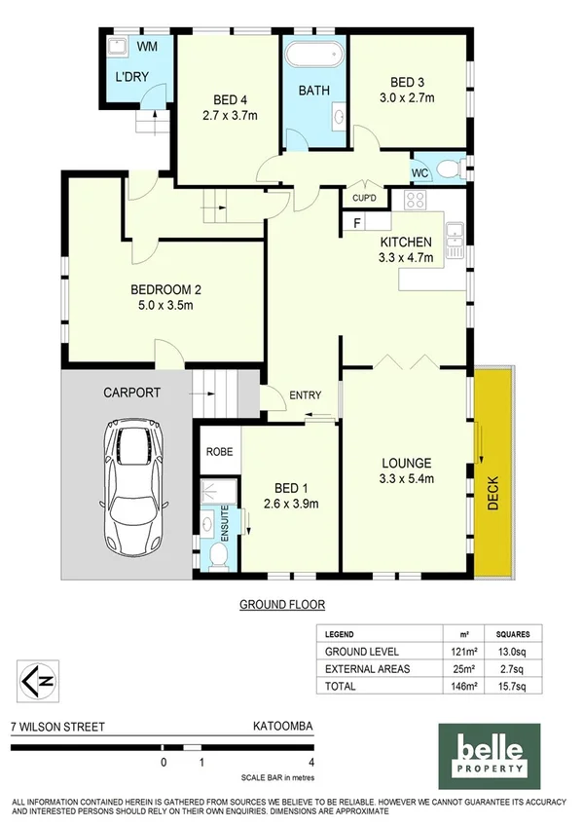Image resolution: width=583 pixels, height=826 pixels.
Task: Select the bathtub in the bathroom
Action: (x=312, y=55)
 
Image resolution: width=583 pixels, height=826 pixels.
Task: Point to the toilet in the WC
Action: (x=449, y=170)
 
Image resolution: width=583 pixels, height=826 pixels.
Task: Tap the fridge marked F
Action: (x=357, y=223)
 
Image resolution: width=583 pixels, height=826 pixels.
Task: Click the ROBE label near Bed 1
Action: (x=217, y=452)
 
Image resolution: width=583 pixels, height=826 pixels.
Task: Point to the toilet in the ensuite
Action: (x=219, y=555)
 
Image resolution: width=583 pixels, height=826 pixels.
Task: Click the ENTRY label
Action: (x=305, y=394)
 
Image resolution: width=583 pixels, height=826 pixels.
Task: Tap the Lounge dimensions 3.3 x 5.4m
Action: (x=406, y=478)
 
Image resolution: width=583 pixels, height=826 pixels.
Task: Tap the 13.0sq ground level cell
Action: (x=514, y=651)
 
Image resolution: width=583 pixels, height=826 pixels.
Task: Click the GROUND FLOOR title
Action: (x=282, y=604)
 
